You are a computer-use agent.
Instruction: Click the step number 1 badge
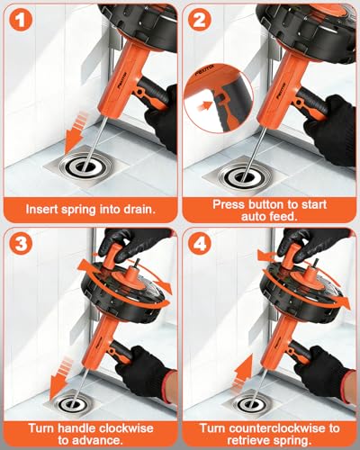pyautogui.click(x=21, y=21)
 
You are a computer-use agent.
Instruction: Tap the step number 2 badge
pyautogui.click(x=200, y=21)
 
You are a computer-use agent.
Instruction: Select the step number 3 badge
pyautogui.click(x=21, y=244)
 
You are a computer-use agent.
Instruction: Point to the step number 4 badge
pyautogui.click(x=200, y=244)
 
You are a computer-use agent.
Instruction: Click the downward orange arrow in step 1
pyautogui.click(x=76, y=131)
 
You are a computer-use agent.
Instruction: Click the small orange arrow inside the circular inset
pyautogui.click(x=203, y=105)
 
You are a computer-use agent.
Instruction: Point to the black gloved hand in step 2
pyautogui.click(x=330, y=129)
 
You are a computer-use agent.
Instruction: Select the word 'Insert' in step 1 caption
pyautogui.click(x=41, y=209)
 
